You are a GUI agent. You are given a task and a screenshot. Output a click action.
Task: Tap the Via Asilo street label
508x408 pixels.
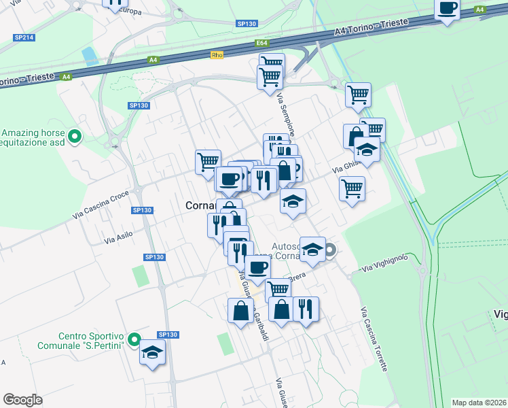coord(118,237)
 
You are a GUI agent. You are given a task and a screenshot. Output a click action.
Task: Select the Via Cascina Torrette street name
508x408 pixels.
coord(374,339)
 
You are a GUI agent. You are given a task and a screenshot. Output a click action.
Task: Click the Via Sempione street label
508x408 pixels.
coord(283,116)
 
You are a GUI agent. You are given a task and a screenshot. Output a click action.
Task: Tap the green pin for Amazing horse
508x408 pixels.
coord(77,137)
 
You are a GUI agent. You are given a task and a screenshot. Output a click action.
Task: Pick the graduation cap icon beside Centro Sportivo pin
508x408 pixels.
coord(153,352)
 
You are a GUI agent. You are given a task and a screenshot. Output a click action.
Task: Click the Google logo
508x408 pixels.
coord(22,399)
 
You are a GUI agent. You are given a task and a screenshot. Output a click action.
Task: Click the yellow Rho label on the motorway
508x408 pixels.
coord(217,55)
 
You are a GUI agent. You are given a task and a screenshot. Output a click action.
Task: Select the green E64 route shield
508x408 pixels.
coord(263,44)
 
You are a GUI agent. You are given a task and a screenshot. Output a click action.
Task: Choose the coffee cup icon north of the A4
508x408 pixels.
coord(447,9)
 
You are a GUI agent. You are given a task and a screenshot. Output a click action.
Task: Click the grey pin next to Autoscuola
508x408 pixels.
coord(330,250)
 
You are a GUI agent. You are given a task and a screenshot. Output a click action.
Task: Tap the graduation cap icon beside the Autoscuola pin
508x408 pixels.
coord(312,250)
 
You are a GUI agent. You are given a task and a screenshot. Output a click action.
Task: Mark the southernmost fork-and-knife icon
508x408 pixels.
coord(305,309)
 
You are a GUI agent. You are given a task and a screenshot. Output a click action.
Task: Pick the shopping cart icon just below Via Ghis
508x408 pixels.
coord(352,188)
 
